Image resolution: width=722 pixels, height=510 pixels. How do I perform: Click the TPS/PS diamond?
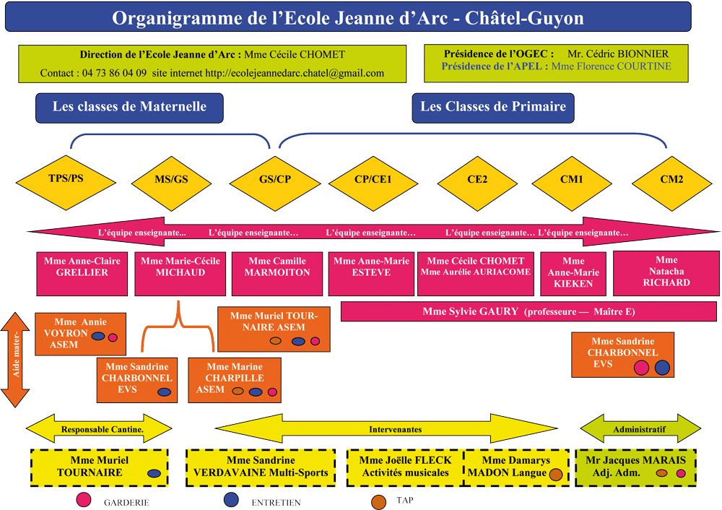click(66, 183)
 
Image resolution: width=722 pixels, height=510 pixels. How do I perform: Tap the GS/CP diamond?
click(275, 183)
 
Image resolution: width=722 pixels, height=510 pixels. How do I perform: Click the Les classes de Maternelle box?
click(129, 108)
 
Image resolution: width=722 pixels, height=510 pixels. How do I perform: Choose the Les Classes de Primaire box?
click(493, 108)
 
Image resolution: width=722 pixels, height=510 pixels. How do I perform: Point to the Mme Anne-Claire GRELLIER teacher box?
click(82, 274)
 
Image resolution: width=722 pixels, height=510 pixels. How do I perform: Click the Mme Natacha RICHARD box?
click(666, 273)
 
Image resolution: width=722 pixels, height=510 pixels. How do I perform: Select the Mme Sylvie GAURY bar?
click(529, 311)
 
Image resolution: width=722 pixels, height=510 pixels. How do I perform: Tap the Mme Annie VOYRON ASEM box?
click(81, 334)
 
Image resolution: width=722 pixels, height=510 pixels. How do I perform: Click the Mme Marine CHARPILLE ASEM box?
click(235, 380)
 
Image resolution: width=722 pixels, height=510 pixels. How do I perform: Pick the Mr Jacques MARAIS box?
click(635, 467)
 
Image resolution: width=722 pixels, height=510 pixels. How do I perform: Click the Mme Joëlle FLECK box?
click(405, 467)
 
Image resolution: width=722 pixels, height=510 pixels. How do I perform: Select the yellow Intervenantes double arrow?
click(386, 429)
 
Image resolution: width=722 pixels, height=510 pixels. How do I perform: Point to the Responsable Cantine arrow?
click(99, 429)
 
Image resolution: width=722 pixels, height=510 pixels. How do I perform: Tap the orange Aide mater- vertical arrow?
click(15, 360)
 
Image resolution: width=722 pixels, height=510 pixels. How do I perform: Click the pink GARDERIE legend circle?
click(83, 500)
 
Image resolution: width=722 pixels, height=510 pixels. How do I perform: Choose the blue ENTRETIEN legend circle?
click(231, 500)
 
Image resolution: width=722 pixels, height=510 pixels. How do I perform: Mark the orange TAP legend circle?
click(378, 502)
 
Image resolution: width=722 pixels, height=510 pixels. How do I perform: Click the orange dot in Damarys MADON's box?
click(556, 475)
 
